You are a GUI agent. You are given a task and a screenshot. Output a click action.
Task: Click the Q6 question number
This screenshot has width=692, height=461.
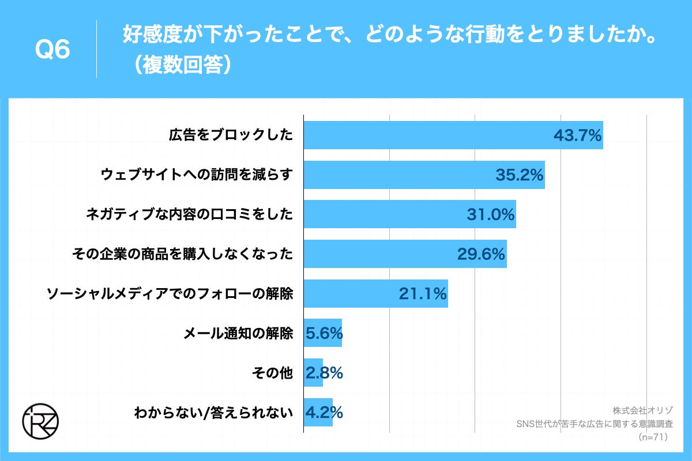[x=52, y=50]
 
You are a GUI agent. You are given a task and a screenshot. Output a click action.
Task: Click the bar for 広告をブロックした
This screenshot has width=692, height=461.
[x=427, y=135]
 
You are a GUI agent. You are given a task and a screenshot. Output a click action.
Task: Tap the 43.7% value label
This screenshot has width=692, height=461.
[x=577, y=136]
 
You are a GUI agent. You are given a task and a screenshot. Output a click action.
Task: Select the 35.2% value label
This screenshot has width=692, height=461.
[x=519, y=175]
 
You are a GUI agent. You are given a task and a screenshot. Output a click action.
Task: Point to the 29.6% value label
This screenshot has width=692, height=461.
[x=481, y=254]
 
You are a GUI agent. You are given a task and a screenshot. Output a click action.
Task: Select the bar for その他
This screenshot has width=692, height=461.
[x=313, y=373]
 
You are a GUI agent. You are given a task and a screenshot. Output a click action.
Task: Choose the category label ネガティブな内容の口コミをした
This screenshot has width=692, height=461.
[x=189, y=214]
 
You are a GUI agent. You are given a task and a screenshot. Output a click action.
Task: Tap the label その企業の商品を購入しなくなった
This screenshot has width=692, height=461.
[x=182, y=254]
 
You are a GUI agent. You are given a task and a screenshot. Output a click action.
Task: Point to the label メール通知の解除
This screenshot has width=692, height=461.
[x=238, y=333]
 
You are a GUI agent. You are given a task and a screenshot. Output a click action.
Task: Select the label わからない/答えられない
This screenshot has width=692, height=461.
[x=213, y=413]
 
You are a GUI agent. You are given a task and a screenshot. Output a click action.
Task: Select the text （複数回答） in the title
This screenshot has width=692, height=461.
[x=179, y=65]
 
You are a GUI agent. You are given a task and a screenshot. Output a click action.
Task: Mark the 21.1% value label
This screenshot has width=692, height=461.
[x=423, y=294]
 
